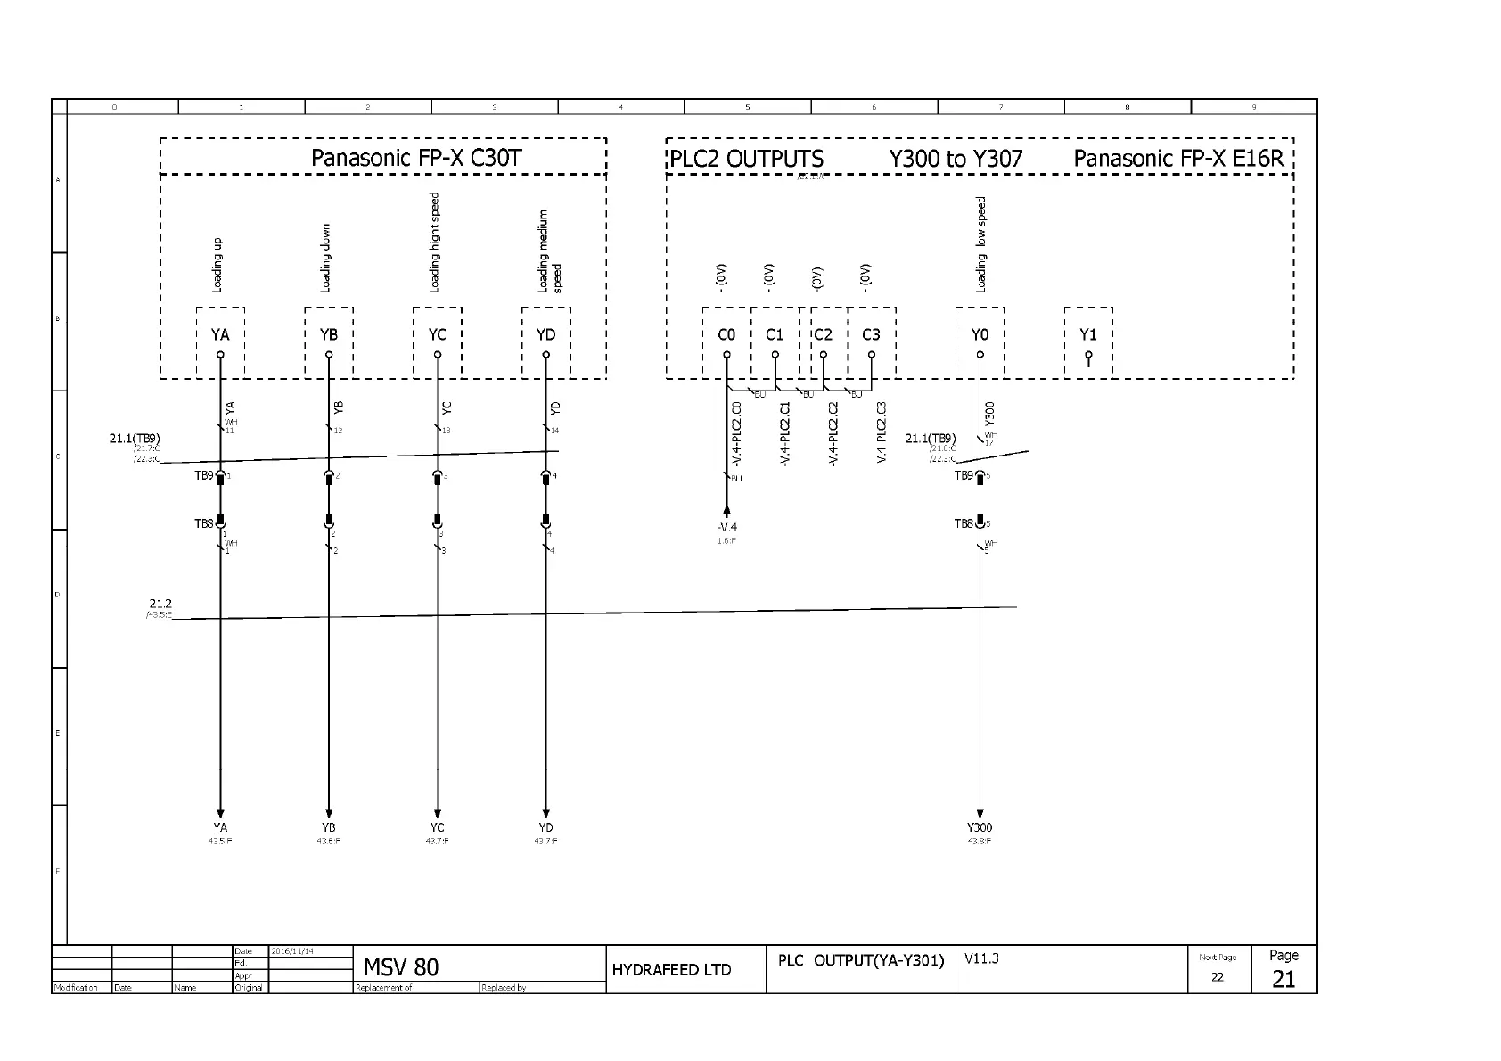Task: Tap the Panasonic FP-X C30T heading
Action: (x=416, y=159)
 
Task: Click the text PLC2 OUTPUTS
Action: (x=747, y=160)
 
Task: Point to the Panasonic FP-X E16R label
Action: (x=1178, y=160)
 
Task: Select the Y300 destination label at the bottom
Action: (x=980, y=827)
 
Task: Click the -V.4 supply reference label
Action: (x=726, y=528)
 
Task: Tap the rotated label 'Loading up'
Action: (x=217, y=265)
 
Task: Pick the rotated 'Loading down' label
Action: (x=326, y=258)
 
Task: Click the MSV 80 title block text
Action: (x=401, y=967)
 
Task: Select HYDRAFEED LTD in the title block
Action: (x=671, y=970)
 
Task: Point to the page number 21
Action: (x=1284, y=979)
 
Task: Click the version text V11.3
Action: (x=982, y=958)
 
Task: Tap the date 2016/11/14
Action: (x=292, y=951)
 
